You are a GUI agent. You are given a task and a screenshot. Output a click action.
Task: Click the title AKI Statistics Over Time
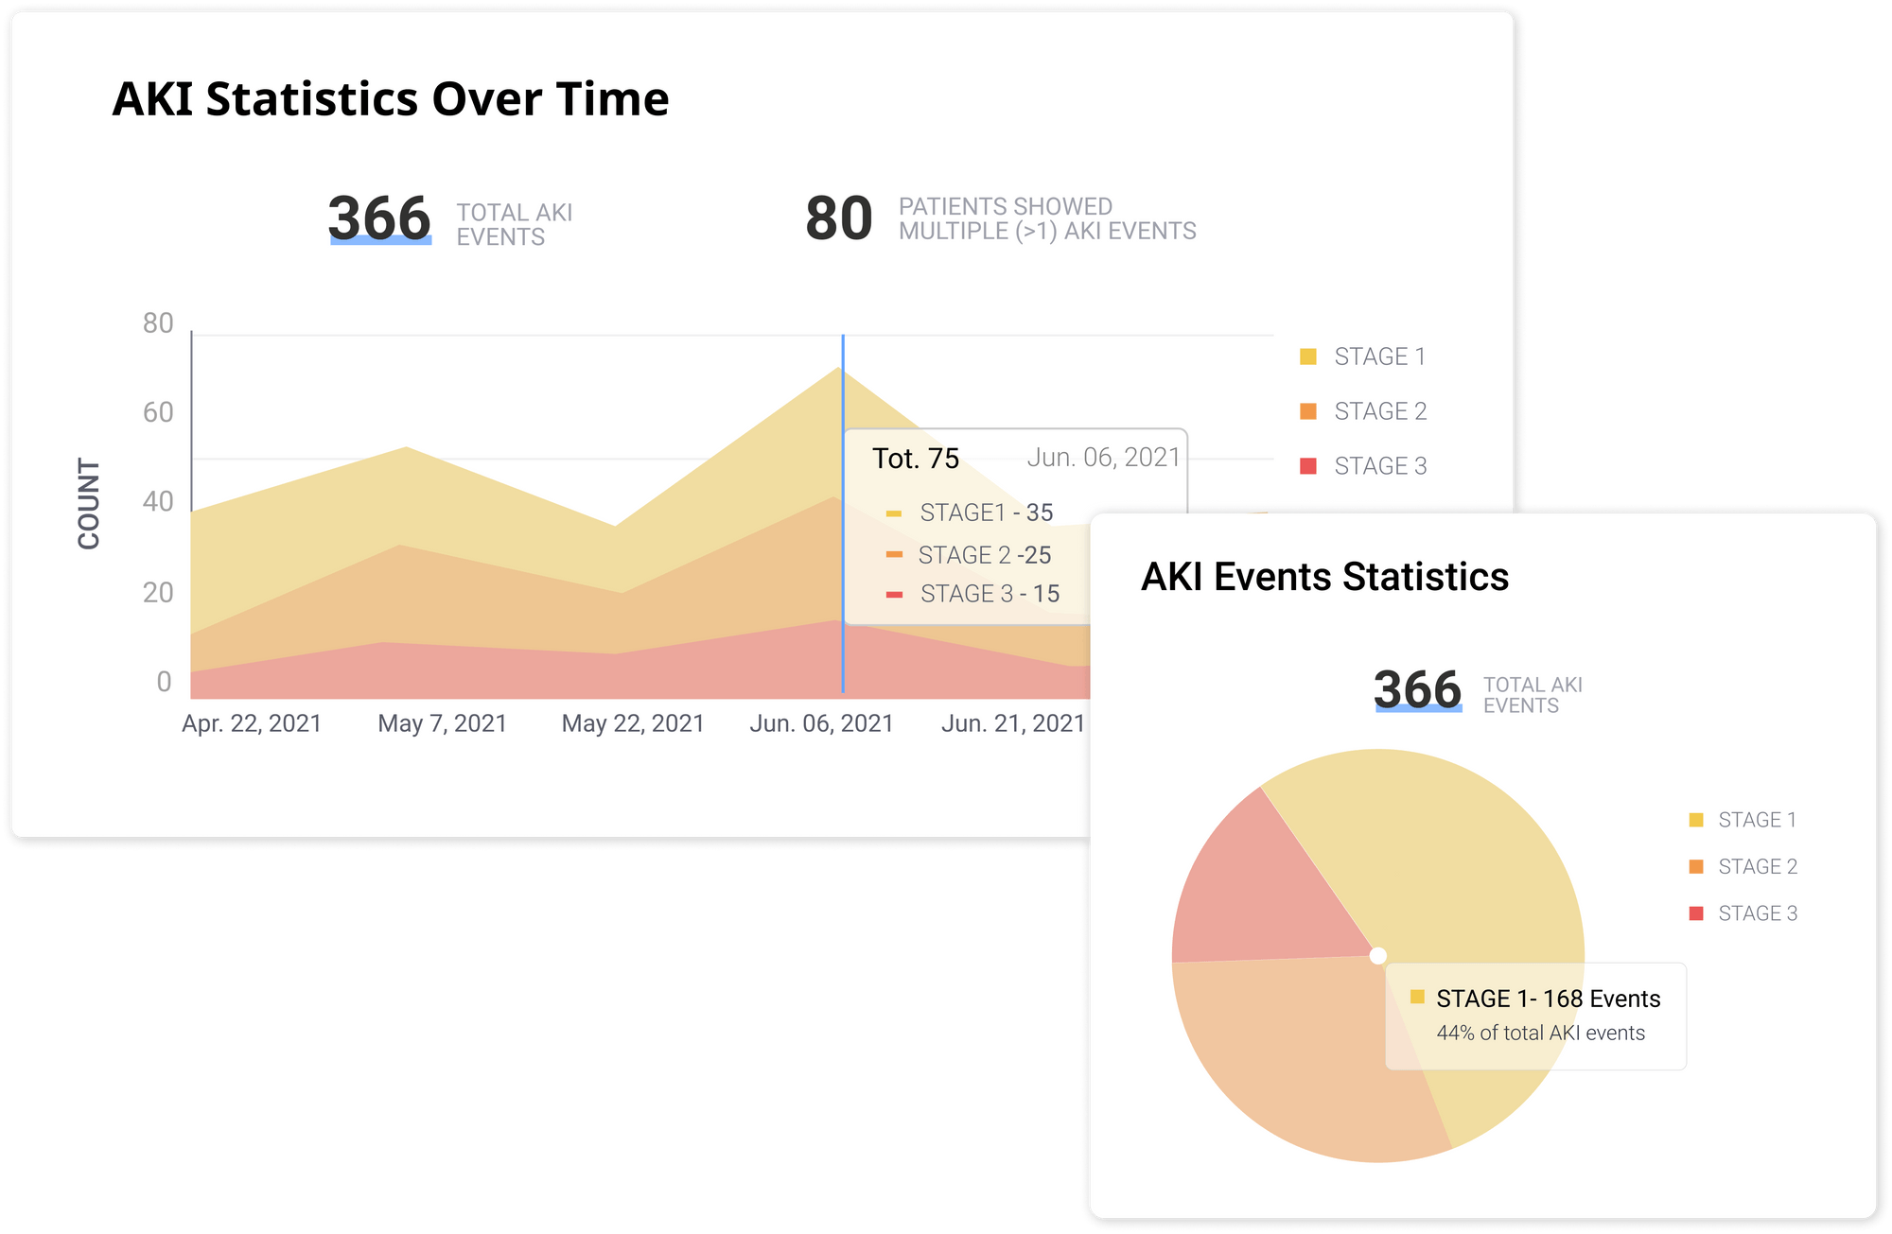(390, 99)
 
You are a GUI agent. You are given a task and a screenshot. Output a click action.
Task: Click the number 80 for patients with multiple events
(838, 219)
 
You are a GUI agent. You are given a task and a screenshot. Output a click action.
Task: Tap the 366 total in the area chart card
(379, 218)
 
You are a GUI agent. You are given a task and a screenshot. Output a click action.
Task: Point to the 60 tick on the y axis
(158, 412)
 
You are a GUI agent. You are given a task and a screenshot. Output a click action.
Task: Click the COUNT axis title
(89, 504)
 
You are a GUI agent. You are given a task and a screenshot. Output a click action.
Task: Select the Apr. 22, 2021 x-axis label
(252, 723)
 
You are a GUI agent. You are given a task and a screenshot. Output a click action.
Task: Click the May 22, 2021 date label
(633, 723)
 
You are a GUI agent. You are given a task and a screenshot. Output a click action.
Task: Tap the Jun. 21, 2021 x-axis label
(1012, 723)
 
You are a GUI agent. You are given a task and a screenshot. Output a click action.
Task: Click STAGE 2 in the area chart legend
(1379, 411)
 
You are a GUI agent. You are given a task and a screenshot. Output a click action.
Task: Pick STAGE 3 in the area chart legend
(1379, 466)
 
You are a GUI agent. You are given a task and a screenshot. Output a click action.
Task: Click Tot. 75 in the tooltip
(915, 459)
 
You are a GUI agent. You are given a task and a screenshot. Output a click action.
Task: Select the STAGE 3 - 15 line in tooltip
(989, 594)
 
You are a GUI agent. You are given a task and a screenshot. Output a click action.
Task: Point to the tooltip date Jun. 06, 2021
(1103, 458)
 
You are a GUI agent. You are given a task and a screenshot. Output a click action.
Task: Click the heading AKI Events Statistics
(1324, 577)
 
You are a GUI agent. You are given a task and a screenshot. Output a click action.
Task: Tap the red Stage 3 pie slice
(1258, 889)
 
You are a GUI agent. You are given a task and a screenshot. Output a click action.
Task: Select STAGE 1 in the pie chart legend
(1756, 820)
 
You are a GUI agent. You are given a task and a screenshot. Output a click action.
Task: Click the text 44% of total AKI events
(1540, 1034)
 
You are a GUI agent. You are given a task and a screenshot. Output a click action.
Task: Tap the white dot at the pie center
(1378, 956)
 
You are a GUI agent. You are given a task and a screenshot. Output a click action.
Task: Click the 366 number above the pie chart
(1417, 689)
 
